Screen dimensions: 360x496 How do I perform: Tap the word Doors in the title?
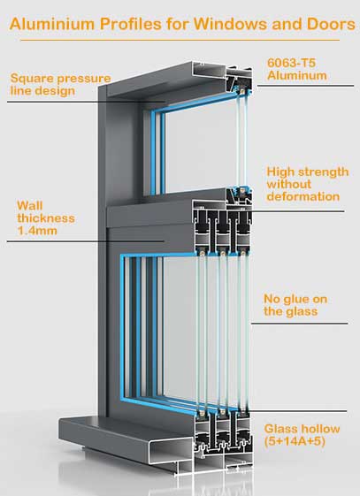[x=331, y=24]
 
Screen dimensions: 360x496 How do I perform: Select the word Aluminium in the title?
[x=52, y=24]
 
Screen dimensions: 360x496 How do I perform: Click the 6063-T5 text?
[x=291, y=63]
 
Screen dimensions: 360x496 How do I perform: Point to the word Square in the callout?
[x=29, y=79]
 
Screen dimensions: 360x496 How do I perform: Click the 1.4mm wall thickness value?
[x=37, y=231]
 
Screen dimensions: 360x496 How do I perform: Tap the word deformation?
[x=303, y=196]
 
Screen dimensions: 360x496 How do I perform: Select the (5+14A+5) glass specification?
[x=295, y=441]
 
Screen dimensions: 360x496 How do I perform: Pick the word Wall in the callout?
[x=30, y=206]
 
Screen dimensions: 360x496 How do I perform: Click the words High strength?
[x=308, y=172]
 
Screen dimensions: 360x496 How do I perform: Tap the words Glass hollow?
[x=303, y=429]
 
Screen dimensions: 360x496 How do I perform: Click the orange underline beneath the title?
[x=180, y=40]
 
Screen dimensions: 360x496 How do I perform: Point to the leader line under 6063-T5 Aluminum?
[x=305, y=86]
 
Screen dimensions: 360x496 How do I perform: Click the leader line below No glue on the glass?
[x=299, y=324]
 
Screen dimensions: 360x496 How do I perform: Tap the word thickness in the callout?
[x=46, y=218]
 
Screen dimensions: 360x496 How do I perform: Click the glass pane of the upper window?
[x=202, y=147]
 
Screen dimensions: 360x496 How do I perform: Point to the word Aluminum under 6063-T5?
[x=297, y=76]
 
